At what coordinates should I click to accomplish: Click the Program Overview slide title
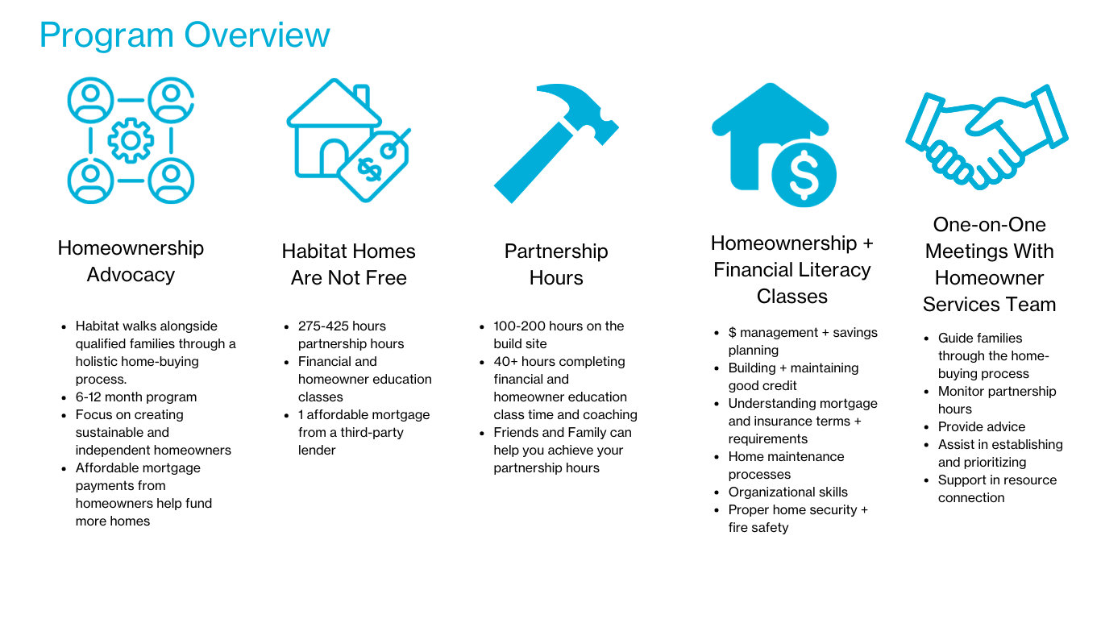tap(185, 35)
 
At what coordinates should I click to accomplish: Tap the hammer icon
tap(555, 141)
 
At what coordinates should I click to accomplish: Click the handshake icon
tap(987, 137)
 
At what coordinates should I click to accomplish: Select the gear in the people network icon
tap(131, 141)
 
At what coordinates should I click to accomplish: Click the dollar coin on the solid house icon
tap(803, 175)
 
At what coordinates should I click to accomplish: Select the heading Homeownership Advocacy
tap(131, 261)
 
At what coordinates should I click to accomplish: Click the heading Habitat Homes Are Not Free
tap(348, 264)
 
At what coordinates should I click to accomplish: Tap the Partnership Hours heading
tap(556, 264)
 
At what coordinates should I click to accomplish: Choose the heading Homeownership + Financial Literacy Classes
tap(792, 269)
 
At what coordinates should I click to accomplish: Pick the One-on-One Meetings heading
tap(989, 264)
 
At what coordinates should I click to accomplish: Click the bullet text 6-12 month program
tap(136, 397)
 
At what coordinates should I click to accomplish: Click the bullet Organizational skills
tap(787, 492)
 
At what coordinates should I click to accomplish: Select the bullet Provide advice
tap(981, 426)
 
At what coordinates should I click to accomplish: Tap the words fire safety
tap(758, 527)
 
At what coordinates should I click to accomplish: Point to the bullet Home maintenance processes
tap(786, 465)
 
